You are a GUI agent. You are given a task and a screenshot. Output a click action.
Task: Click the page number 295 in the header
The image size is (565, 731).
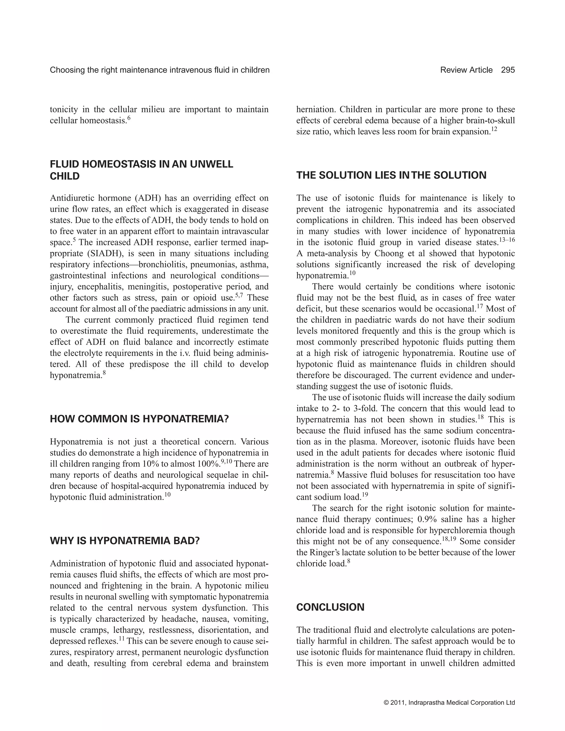tap(508, 70)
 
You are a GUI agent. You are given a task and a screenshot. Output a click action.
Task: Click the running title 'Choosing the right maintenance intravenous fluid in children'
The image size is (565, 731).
tap(160, 70)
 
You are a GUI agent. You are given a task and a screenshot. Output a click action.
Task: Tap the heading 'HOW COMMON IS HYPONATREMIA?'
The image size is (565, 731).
tap(139, 419)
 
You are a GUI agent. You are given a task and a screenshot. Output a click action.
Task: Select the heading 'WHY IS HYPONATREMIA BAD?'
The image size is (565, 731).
tap(124, 541)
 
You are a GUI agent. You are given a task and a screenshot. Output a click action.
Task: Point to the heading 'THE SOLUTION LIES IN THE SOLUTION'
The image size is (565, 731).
tap(391, 175)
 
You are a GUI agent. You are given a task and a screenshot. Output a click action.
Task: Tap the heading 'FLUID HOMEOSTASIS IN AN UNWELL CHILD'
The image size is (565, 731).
tap(141, 170)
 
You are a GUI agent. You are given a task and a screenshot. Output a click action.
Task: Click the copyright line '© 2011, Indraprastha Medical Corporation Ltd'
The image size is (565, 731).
tap(449, 703)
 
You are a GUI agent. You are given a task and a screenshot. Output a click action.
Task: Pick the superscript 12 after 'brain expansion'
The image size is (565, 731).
tap(494, 129)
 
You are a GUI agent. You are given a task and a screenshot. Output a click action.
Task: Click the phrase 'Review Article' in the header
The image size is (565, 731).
tap(466, 70)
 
